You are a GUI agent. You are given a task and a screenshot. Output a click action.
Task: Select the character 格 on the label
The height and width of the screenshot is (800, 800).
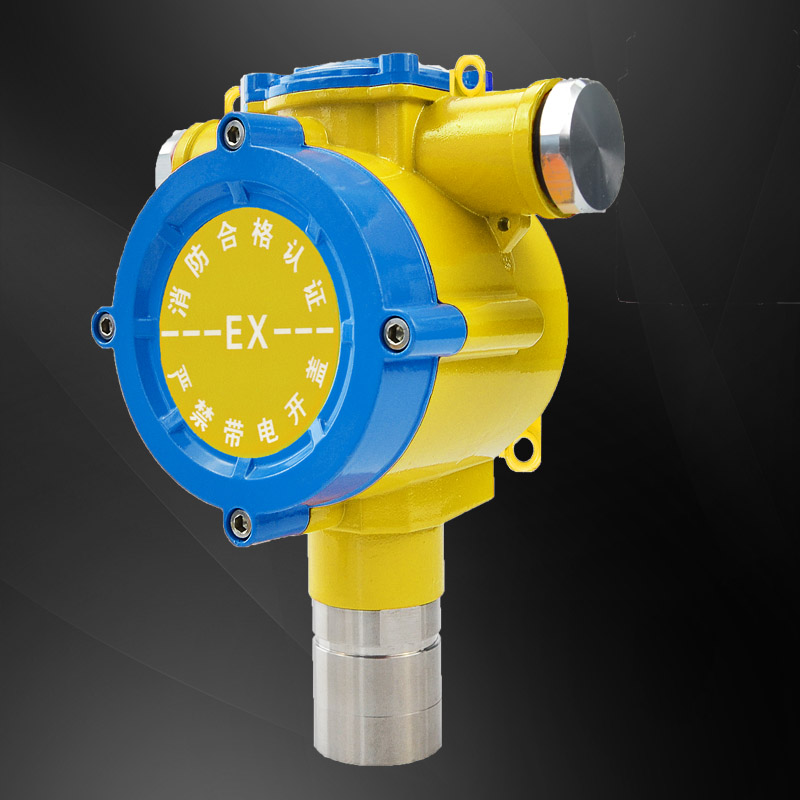(x=262, y=236)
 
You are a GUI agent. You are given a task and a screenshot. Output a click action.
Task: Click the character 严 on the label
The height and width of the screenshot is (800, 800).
(x=179, y=376)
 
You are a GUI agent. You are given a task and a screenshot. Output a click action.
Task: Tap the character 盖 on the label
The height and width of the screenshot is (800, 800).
(x=317, y=374)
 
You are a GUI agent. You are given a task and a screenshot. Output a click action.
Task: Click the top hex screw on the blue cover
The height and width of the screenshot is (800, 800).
(x=234, y=133)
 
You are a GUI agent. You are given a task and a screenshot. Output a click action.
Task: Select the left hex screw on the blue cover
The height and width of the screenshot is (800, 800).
(x=106, y=326)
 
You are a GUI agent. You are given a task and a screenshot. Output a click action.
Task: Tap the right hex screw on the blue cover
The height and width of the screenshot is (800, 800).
(x=395, y=334)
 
